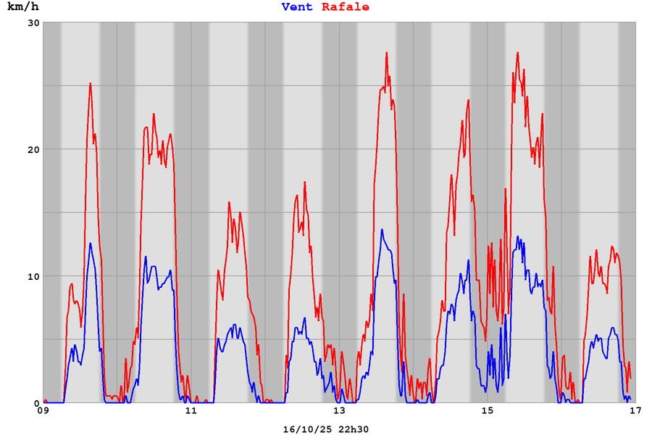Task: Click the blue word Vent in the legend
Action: pyautogui.click(x=297, y=7)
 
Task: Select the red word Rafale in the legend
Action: pyautogui.click(x=346, y=7)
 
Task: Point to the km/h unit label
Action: pyautogui.click(x=23, y=7)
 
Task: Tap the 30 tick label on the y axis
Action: pyautogui.click(x=33, y=22)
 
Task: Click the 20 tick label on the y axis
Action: pyautogui.click(x=33, y=149)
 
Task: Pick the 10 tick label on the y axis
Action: pyautogui.click(x=33, y=276)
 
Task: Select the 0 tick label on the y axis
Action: pyautogui.click(x=36, y=403)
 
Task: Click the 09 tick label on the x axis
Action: pyautogui.click(x=43, y=411)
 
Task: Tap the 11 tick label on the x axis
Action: pyautogui.click(x=191, y=411)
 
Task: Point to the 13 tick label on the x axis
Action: pyautogui.click(x=339, y=411)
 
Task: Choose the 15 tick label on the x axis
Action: pyautogui.click(x=488, y=411)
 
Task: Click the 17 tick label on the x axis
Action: pyautogui.click(x=635, y=411)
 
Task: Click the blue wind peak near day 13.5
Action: pyautogui.click(x=382, y=230)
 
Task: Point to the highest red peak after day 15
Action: pyautogui.click(x=518, y=52)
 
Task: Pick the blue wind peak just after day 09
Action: pyautogui.click(x=91, y=244)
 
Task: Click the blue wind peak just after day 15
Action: pyautogui.click(x=518, y=236)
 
